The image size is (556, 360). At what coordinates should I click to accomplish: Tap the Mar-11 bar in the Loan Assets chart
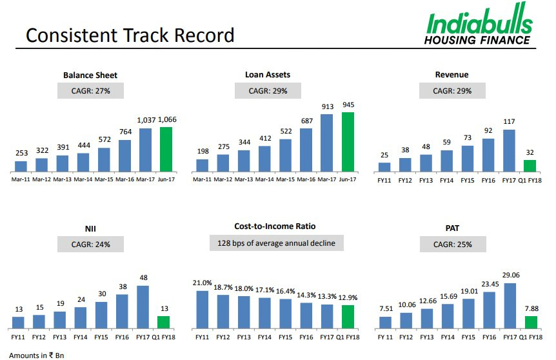click(203, 165)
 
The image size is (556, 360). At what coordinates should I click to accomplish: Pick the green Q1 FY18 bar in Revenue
click(530, 165)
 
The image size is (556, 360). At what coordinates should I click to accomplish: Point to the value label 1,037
click(146, 120)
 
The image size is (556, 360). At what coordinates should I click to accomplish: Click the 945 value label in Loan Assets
click(349, 105)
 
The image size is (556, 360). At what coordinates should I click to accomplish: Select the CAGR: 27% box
click(90, 90)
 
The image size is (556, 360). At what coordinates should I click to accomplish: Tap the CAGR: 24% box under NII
click(90, 244)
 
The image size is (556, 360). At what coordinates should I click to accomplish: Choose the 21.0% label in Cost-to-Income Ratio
click(202, 283)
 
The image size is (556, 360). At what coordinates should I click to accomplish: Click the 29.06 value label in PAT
click(509, 275)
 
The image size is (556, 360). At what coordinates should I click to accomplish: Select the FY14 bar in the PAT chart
click(447, 316)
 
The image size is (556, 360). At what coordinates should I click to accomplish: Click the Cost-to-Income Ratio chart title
click(275, 226)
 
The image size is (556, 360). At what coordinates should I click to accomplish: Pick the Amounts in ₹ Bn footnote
click(37, 355)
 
